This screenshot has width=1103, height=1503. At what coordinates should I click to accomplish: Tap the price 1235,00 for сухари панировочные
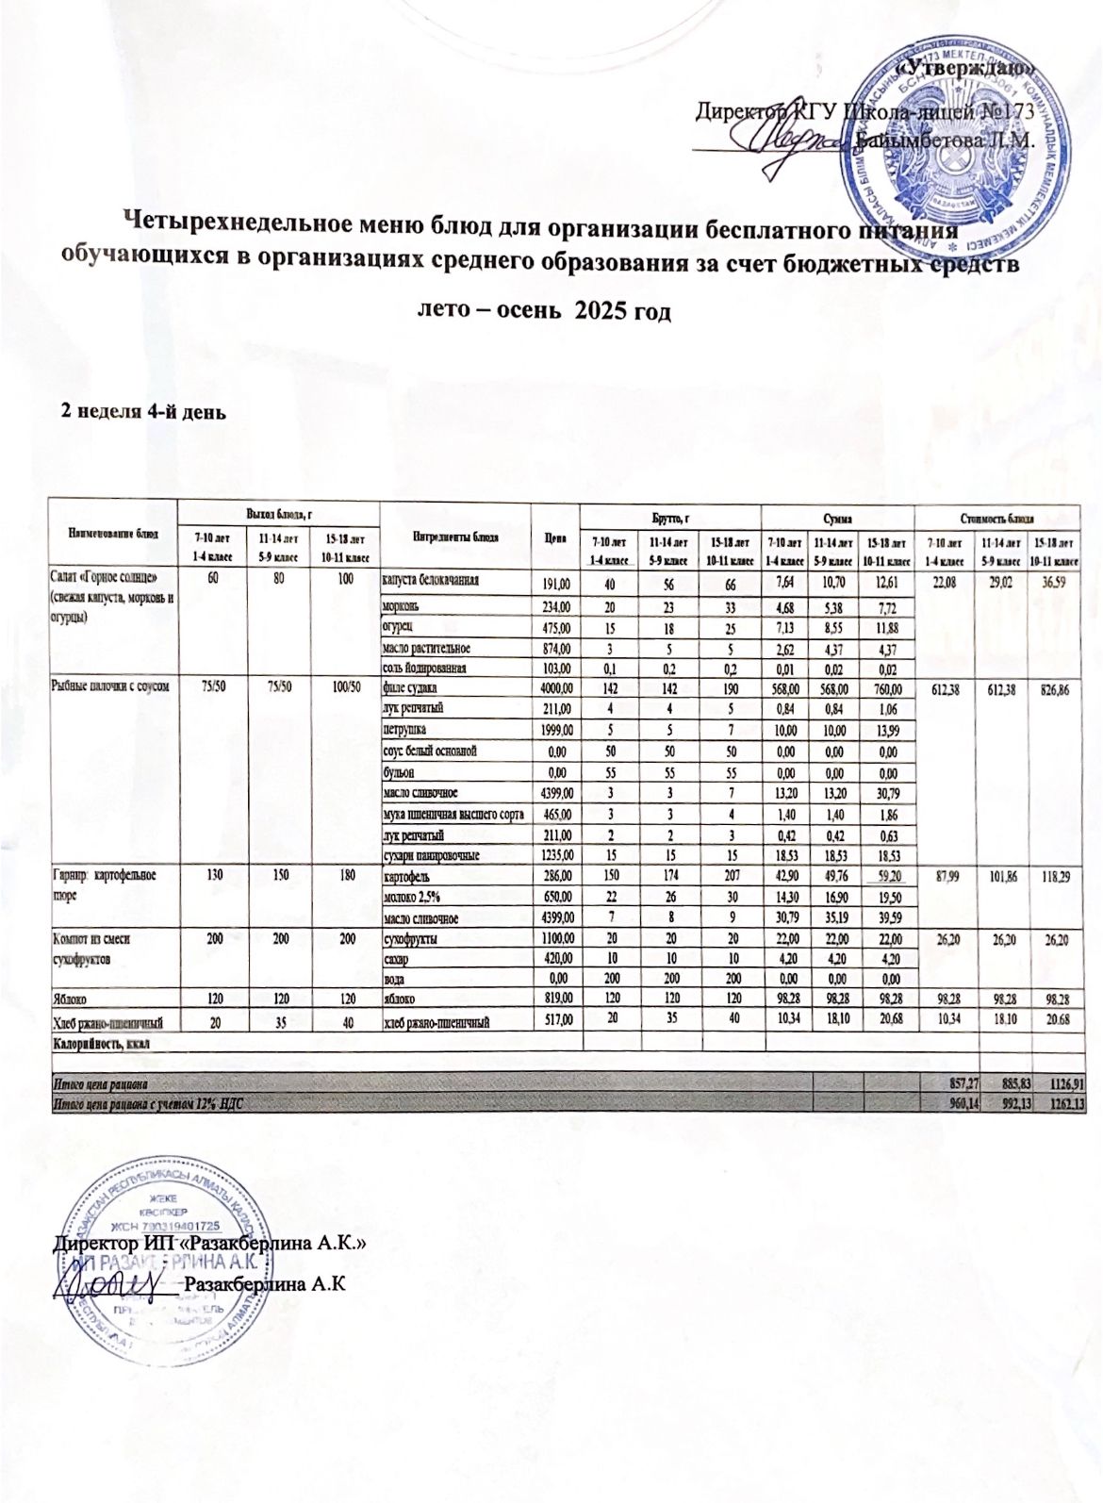point(555,856)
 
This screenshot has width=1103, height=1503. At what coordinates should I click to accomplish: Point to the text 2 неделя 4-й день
point(141,410)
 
